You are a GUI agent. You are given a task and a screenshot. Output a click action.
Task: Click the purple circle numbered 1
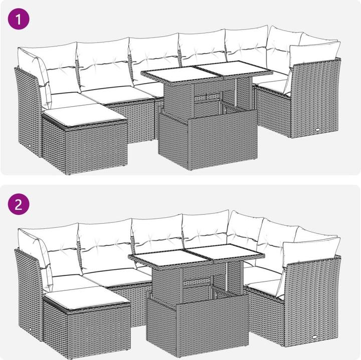(x=19, y=19)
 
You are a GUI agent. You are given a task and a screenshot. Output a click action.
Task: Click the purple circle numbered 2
(x=19, y=204)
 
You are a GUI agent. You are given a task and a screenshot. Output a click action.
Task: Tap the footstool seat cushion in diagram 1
(x=85, y=116)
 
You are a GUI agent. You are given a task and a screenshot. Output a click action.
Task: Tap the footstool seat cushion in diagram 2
(x=87, y=297)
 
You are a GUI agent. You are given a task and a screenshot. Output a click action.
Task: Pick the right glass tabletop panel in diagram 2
(x=226, y=252)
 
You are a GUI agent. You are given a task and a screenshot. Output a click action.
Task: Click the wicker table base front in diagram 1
(x=223, y=140)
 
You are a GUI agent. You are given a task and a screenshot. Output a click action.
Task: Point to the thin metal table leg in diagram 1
(x=236, y=90)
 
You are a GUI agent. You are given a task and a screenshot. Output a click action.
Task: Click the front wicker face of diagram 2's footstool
(x=99, y=331)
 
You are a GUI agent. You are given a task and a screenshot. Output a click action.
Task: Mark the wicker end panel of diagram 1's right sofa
(x=315, y=98)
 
